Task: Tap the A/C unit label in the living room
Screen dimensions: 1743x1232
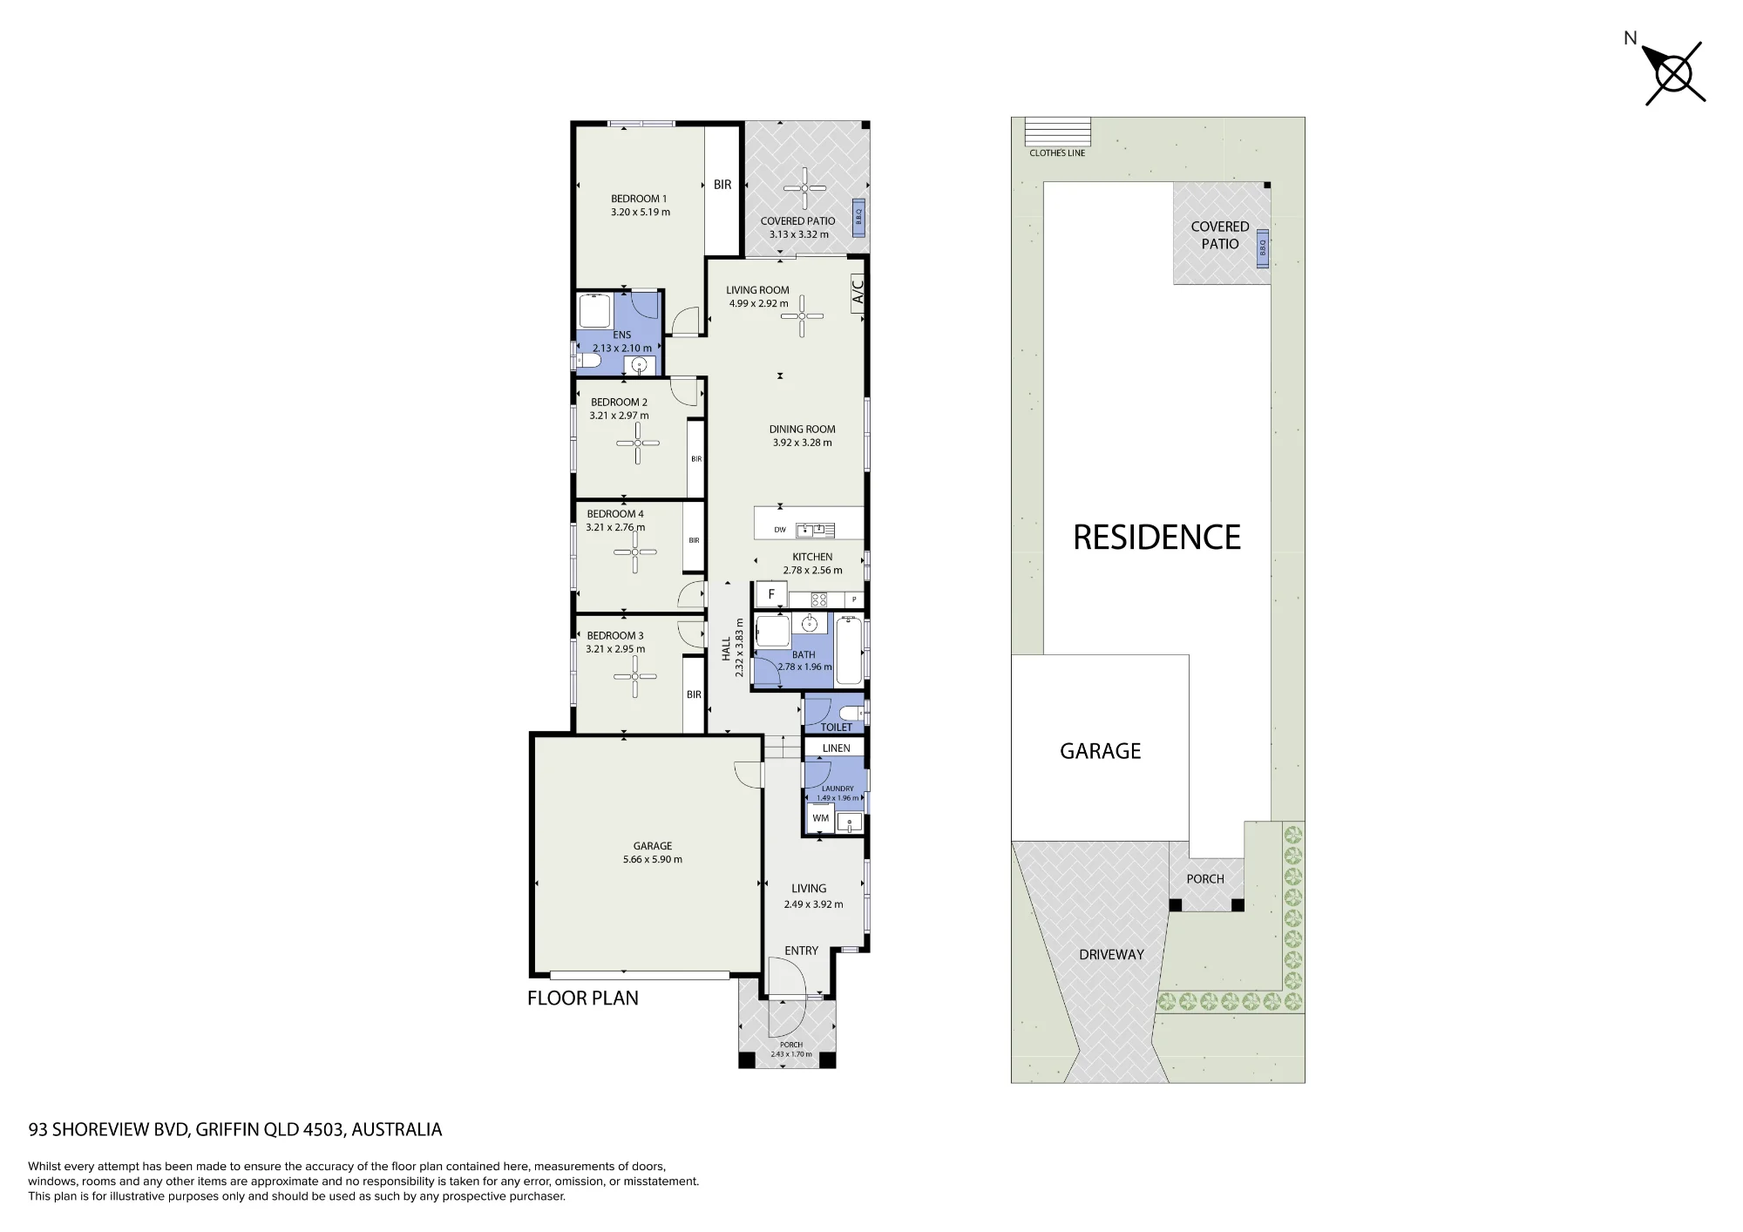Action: tap(858, 290)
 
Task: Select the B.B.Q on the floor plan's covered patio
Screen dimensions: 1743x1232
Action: tap(858, 215)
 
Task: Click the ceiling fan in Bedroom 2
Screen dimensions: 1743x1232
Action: tap(638, 443)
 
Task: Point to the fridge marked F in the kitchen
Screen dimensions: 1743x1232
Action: tap(771, 594)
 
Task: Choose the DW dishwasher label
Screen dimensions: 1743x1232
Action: tap(780, 530)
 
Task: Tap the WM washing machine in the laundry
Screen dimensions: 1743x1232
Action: tap(820, 818)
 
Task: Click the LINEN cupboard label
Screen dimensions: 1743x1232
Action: tap(836, 748)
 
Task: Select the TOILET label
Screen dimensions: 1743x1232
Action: tap(836, 727)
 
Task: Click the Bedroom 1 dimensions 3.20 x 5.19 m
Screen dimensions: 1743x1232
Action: tap(641, 212)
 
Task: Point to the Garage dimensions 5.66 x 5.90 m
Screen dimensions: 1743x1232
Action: tap(653, 859)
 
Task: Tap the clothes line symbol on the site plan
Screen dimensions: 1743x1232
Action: tap(1057, 132)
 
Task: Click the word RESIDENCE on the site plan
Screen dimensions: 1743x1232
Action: tap(1156, 538)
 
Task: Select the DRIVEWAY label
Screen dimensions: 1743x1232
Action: tap(1111, 955)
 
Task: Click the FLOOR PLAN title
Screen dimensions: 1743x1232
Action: tap(582, 998)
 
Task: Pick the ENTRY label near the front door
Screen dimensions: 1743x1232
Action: tap(801, 951)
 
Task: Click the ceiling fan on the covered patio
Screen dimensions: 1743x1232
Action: tap(804, 189)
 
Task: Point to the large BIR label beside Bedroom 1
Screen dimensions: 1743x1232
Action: tap(722, 185)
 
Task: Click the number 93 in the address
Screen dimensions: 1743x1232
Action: tap(38, 1130)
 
